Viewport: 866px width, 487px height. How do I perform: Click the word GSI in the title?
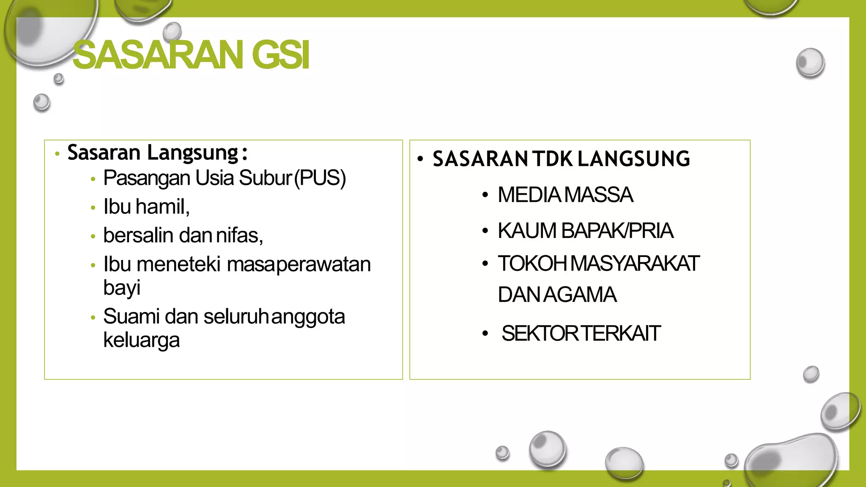pyautogui.click(x=280, y=55)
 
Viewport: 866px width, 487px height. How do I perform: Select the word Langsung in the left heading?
pyautogui.click(x=192, y=153)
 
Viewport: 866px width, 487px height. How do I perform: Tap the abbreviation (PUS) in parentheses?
pyautogui.click(x=320, y=178)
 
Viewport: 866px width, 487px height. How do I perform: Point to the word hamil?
pyautogui.click(x=162, y=207)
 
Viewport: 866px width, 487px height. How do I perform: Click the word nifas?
pyautogui.click(x=239, y=235)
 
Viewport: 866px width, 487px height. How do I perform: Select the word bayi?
pyautogui.click(x=122, y=288)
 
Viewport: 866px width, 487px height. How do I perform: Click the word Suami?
pyautogui.click(x=131, y=317)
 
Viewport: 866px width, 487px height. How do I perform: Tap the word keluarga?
pyautogui.click(x=141, y=340)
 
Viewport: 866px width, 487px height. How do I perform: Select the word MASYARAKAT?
pyautogui.click(x=635, y=263)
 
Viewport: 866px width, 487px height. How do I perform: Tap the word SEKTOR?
pyautogui.click(x=540, y=334)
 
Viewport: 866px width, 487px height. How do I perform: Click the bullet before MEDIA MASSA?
pyautogui.click(x=485, y=195)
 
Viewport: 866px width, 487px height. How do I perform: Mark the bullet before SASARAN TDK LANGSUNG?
pyautogui.click(x=420, y=159)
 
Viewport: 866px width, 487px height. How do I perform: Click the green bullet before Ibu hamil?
pyautogui.click(x=93, y=208)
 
